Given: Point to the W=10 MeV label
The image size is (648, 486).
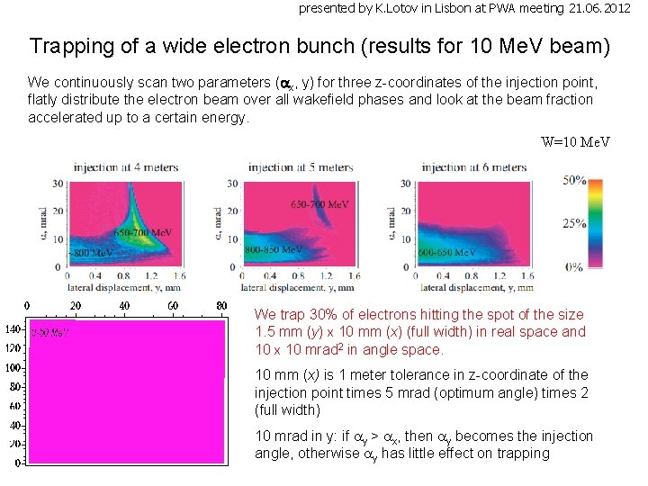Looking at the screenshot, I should pos(576,141).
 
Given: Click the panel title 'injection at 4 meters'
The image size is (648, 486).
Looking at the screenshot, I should pos(126,167).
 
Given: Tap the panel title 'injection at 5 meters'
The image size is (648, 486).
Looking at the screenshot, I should pos(301,167).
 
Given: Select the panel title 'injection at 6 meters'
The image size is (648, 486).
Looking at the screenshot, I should pos(474,167).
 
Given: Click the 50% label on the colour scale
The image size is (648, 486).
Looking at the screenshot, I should pos(574,180).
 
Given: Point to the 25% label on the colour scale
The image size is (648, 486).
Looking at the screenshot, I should pos(574,222).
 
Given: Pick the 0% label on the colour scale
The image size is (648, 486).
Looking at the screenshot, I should pos(574,266).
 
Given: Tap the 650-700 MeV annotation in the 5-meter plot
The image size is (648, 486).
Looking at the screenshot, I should pos(319,205).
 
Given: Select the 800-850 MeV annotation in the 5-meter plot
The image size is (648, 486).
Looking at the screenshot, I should pos(274,249).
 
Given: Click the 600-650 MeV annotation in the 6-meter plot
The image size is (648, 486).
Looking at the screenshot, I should pos(447,253).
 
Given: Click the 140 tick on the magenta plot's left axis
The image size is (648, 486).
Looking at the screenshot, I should pos(14,329).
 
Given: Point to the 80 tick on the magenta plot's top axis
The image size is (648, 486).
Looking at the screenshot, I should pos(221,306).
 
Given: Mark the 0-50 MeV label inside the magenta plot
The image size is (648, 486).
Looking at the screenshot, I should pos(49,332).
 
